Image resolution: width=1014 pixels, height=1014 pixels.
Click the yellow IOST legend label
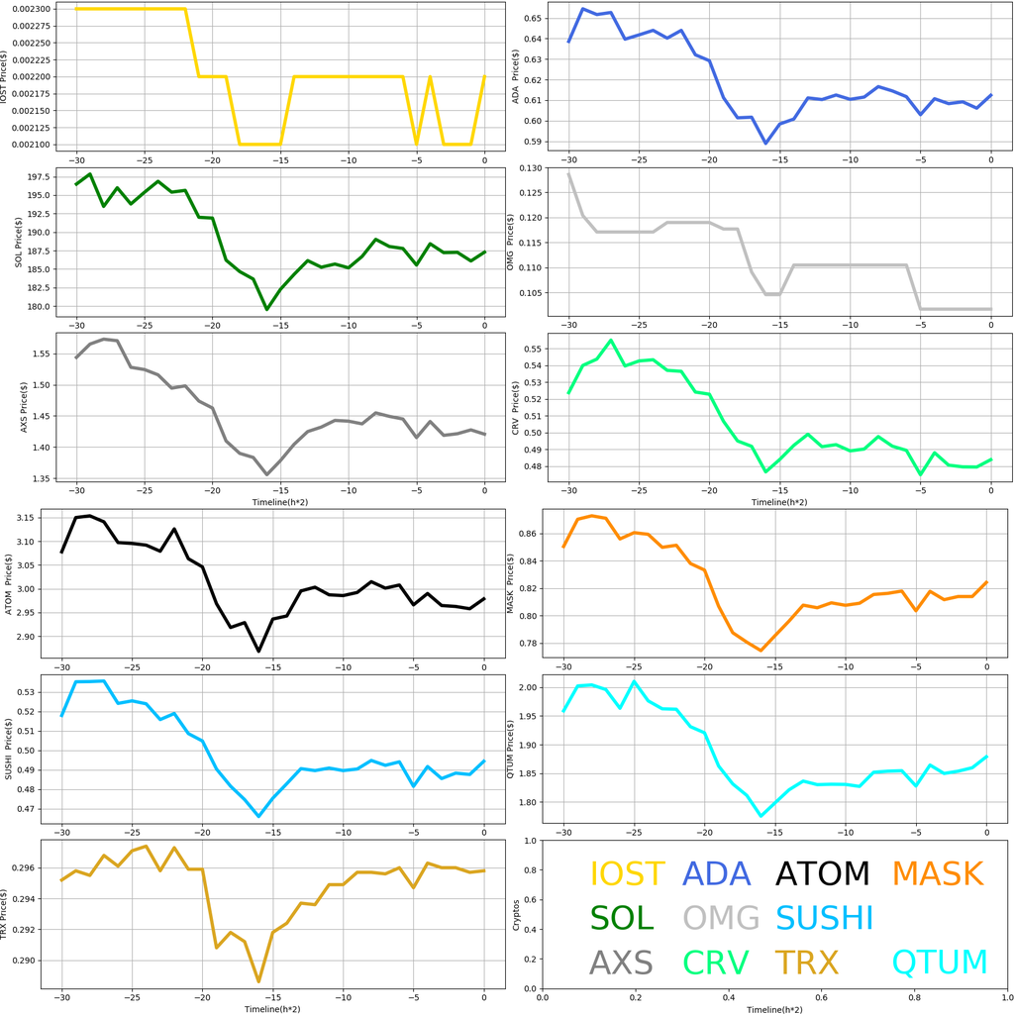point(627,873)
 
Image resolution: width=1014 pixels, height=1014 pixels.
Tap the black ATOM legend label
point(822,873)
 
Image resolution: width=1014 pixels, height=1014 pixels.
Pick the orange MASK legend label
point(937,873)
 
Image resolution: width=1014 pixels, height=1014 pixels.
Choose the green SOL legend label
point(622,918)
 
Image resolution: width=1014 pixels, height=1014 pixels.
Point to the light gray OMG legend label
point(721,918)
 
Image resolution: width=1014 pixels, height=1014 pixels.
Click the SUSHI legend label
point(825,918)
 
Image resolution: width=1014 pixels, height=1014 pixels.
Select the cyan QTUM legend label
point(940,962)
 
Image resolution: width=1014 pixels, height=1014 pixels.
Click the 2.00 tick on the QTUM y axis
point(527,687)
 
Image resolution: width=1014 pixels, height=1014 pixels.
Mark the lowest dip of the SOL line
point(266,309)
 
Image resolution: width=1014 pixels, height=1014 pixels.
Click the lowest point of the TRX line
point(258,981)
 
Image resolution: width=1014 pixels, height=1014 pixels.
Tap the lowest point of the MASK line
point(760,651)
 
